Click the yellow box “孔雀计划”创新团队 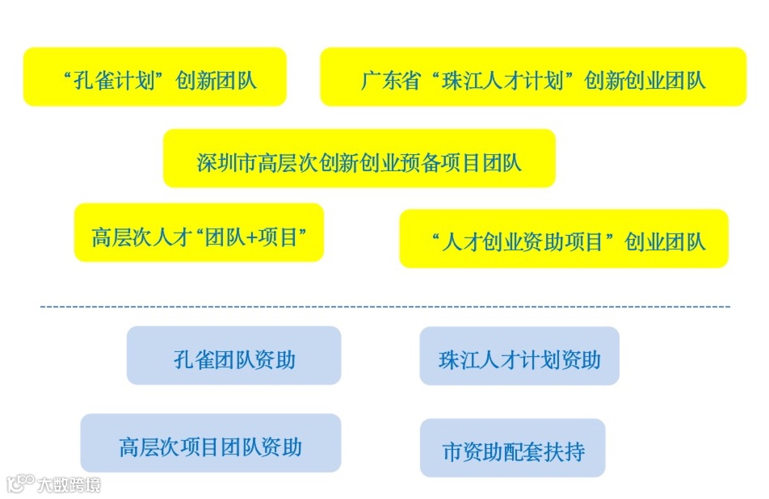click(154, 77)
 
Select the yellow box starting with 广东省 click(533, 77)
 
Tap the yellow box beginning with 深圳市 click(359, 158)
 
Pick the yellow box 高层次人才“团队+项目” click(199, 233)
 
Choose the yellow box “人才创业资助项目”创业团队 click(564, 239)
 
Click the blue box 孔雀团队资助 click(233, 355)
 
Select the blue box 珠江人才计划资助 click(519, 356)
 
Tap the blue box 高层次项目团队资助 click(210, 443)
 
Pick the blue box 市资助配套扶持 click(512, 448)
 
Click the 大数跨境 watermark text click(69, 484)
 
